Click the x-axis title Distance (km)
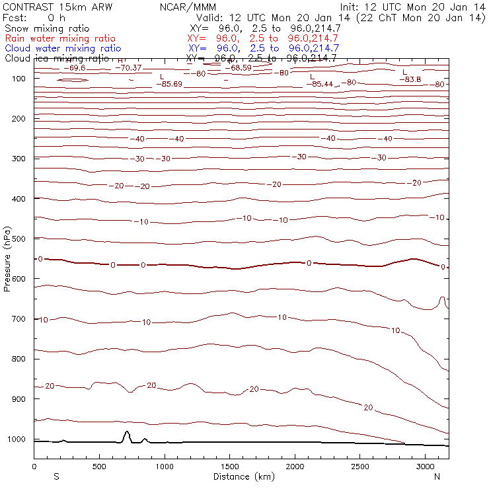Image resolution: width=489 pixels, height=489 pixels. tap(241, 476)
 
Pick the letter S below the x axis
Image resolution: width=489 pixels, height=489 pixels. tap(56, 476)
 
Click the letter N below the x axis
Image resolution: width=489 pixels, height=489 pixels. tap(437, 476)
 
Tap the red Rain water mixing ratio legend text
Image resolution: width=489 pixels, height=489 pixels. tap(59, 38)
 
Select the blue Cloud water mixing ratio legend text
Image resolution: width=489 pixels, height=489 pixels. tap(63, 48)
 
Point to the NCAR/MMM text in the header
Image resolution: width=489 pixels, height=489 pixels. tap(188, 7)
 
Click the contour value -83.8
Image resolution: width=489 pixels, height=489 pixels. tap(410, 79)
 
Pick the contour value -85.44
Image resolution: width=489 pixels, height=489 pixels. tap(322, 84)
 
